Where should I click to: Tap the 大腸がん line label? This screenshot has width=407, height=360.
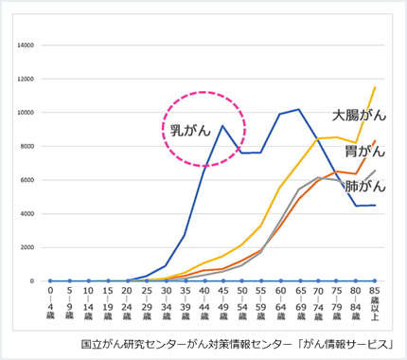point(357,115)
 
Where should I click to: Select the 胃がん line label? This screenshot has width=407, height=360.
point(364,150)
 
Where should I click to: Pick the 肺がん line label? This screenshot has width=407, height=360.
point(365,186)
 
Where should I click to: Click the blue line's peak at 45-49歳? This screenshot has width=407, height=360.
point(222,126)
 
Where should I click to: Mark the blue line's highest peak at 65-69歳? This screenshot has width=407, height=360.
point(299,110)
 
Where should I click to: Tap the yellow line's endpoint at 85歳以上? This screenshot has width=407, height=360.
point(377,87)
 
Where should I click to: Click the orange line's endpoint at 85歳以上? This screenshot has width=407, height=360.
point(377,141)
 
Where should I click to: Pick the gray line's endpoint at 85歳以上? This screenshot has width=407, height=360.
point(377,171)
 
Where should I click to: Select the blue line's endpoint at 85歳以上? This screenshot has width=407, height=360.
point(377,206)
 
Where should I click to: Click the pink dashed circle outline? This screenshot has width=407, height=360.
point(245,126)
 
